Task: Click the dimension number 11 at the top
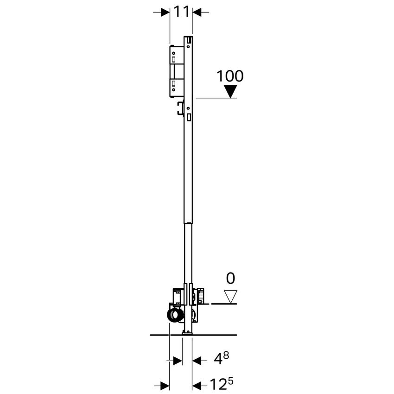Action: [x=181, y=12]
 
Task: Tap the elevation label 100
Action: [x=230, y=76]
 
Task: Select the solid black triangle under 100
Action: [x=230, y=91]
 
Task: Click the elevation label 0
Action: [x=230, y=278]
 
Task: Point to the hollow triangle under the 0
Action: [x=230, y=296]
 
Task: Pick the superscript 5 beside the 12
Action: [x=231, y=381]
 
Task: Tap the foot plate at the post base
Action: [x=187, y=332]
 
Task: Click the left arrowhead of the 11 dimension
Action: [x=165, y=13]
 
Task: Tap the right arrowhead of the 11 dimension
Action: [x=197, y=13]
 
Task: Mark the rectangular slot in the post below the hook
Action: [x=189, y=118]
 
